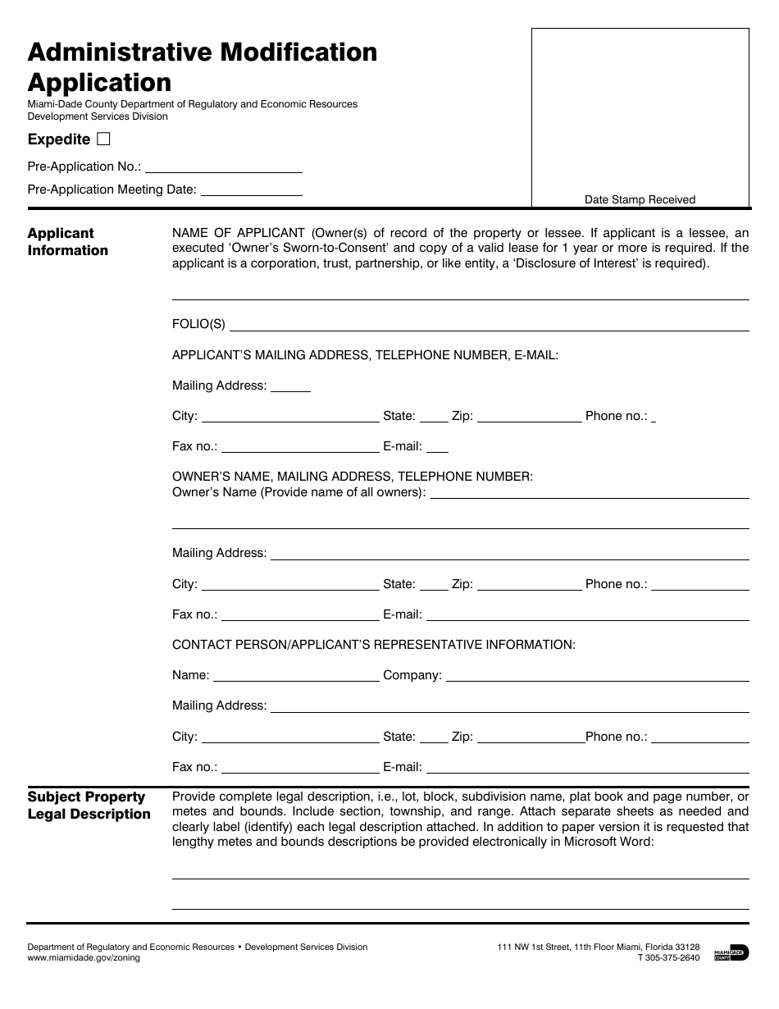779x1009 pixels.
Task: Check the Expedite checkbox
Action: coord(103,139)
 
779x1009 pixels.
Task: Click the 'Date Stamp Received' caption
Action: coord(640,199)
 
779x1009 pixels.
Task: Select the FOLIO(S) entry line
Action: coord(489,325)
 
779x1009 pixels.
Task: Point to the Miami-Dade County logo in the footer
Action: coord(731,952)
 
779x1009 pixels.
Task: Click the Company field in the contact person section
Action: coord(597,676)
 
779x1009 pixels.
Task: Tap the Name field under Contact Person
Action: coord(295,676)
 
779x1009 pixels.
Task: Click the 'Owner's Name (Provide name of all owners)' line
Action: coord(589,493)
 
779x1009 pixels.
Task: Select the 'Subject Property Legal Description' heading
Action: coord(89,806)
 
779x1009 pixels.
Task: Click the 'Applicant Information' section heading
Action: coord(67,242)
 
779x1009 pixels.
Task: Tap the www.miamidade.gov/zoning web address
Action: coord(84,958)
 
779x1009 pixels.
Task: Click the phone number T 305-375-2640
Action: coord(668,958)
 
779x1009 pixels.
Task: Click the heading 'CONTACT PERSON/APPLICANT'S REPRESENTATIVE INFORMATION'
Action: coord(373,645)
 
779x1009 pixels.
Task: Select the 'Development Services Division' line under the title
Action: coord(98,116)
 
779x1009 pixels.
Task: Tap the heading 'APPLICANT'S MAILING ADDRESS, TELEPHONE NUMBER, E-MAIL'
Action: coord(365,355)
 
